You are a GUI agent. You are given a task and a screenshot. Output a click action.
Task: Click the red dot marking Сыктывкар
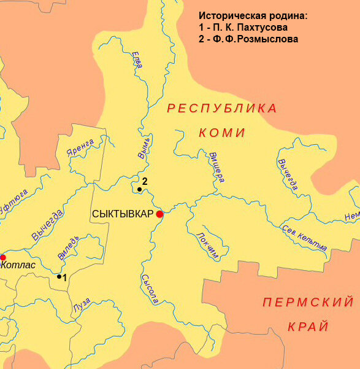159,214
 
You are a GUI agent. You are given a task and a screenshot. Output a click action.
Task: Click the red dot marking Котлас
2,257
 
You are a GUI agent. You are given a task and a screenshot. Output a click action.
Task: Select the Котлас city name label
19,265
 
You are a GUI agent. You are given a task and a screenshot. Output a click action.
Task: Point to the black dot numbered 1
59,276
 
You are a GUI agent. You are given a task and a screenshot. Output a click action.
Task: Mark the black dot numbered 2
140,190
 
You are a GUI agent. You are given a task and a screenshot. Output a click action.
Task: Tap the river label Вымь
144,147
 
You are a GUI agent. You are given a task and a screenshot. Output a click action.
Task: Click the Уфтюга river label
13,200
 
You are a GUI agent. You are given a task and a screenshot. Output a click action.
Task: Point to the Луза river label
82,304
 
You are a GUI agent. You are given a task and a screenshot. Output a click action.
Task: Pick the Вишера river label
216,166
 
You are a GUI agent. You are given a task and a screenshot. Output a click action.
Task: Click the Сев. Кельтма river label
304,238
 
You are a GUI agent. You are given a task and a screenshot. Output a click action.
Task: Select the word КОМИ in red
222,133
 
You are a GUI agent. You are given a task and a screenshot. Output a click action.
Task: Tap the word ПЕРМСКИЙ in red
308,302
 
